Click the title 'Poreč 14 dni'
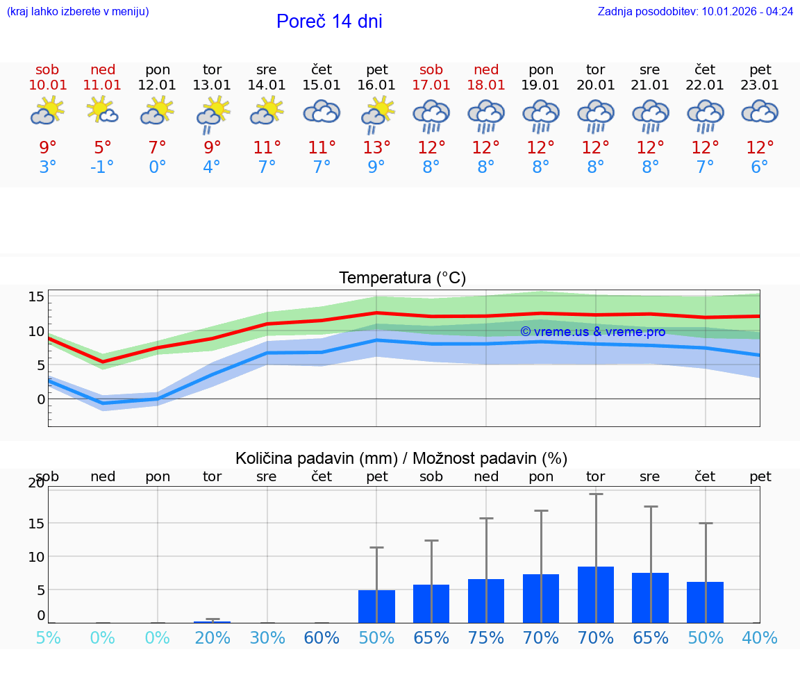[329, 22]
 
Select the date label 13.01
[212, 85]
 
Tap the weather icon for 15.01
[322, 112]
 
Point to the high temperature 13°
[376, 148]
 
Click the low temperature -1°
[102, 167]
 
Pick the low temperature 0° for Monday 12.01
[158, 167]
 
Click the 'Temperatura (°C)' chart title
[402, 278]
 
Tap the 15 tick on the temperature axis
[37, 297]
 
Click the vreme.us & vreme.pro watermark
[592, 332]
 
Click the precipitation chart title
[401, 458]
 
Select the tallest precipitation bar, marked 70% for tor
[596, 594]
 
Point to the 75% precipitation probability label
[486, 638]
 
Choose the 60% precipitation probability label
[322, 638]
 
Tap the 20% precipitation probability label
[212, 638]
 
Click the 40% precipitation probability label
[760, 638]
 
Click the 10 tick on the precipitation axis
[37, 557]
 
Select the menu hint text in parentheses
[78, 12]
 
